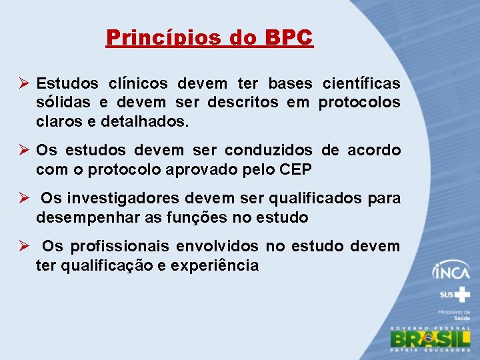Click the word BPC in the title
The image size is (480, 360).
288,37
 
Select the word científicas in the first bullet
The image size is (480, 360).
361,84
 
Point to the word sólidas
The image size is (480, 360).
65,103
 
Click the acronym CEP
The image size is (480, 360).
296,170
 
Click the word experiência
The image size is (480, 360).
215,265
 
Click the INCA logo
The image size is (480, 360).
451,271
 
